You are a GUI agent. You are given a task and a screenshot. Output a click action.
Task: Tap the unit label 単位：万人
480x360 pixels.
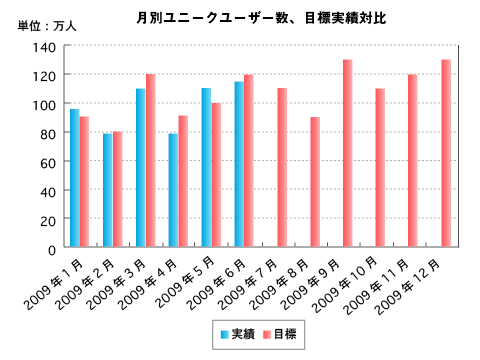tap(40, 26)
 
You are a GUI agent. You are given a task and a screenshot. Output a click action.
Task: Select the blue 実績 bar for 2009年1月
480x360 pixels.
tap(74, 178)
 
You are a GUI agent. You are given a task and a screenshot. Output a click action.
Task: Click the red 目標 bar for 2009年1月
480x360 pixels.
tap(85, 182)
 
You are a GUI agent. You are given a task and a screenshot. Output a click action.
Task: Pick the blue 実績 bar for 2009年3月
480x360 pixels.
tap(140, 168)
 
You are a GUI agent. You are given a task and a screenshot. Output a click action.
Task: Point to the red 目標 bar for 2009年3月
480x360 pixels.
tap(151, 160)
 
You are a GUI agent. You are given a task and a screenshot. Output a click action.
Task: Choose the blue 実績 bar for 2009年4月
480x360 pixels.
tap(173, 190)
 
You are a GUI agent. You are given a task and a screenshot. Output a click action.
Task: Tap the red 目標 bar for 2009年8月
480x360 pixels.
tap(315, 182)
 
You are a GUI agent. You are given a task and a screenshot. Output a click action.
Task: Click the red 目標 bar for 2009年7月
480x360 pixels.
tap(282, 168)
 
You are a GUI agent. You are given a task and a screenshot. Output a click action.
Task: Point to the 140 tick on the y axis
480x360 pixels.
tap(45, 47)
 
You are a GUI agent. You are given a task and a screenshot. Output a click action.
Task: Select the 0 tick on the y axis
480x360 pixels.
tap(52, 248)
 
